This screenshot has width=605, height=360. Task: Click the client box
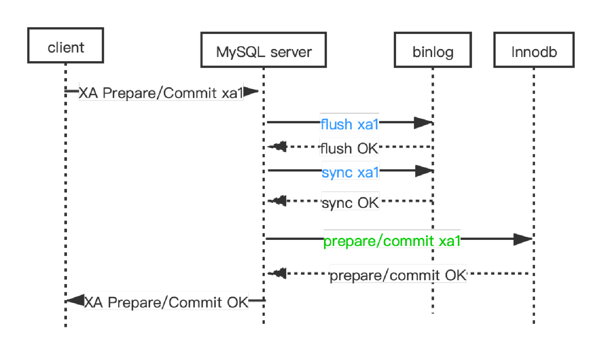point(65,45)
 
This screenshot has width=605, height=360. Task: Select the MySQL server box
point(264,50)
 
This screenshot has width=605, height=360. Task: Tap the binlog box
point(433,50)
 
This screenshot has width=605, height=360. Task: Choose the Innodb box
point(534,50)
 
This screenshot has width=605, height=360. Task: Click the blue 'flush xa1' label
point(349,124)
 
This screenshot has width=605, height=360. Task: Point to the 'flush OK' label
point(349,148)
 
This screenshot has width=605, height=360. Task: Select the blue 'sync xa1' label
point(350,172)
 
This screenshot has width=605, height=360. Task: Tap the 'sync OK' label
point(350,203)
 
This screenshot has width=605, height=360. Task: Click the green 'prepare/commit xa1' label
point(392,241)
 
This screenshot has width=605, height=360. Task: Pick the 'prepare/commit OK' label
point(398,275)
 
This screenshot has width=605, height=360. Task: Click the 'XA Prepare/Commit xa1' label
point(161,93)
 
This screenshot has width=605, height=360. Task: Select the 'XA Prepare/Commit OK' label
point(166,302)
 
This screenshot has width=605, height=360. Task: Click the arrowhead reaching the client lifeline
point(75,300)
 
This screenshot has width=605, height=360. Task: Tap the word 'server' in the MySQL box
point(291,52)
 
